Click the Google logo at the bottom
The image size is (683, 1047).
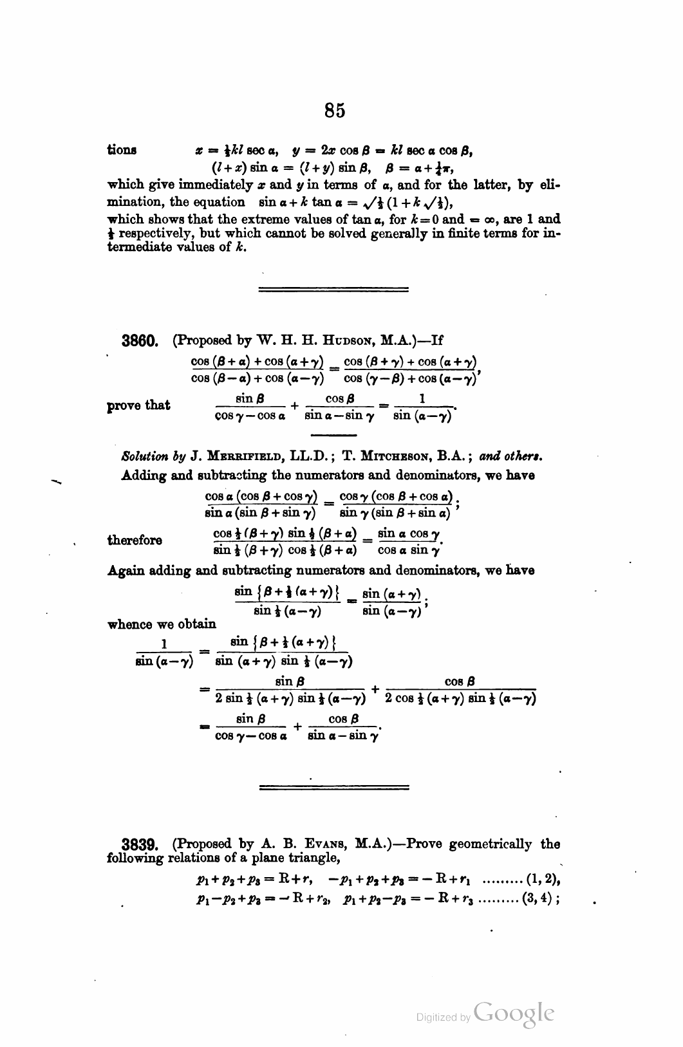click(513, 1015)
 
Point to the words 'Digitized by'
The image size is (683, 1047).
click(443, 1018)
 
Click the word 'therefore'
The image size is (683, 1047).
click(135, 540)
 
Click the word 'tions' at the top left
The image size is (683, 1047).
click(122, 150)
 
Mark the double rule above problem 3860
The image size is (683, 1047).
click(333, 290)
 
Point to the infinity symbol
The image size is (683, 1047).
click(496, 219)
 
